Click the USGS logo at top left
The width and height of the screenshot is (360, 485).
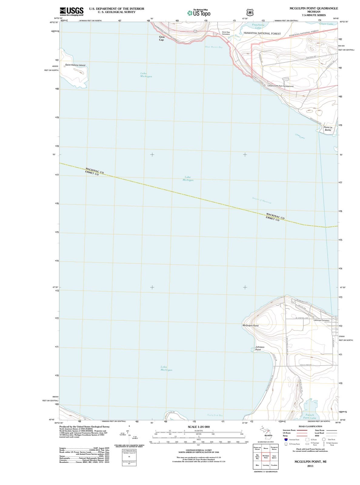(x=72, y=11)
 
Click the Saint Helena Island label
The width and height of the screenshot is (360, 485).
(x=75, y=65)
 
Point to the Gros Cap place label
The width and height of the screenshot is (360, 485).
(x=162, y=38)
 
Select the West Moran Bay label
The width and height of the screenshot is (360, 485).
(x=213, y=47)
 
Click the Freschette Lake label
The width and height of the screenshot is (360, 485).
(x=258, y=26)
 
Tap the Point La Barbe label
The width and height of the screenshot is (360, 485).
(x=328, y=129)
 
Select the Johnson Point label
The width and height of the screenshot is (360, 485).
(x=259, y=348)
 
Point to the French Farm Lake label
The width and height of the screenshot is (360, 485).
(x=310, y=416)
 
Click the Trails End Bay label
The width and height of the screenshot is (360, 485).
(x=215, y=415)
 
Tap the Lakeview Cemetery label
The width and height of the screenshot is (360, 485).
(x=321, y=320)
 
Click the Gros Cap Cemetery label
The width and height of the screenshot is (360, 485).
(x=226, y=33)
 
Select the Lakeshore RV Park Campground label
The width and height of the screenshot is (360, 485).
(x=280, y=86)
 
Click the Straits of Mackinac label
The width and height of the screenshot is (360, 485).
(x=262, y=200)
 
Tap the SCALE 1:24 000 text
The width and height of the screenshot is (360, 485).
(x=198, y=427)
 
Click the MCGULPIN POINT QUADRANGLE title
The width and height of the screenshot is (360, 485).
(x=314, y=8)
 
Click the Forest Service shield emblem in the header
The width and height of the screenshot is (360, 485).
(x=249, y=12)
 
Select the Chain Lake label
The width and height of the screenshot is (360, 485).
(x=326, y=24)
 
